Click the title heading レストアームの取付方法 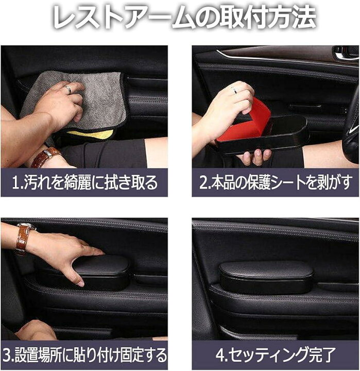[x=180, y=19]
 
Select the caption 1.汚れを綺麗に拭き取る [x=84, y=182]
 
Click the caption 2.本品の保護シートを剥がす [x=275, y=182]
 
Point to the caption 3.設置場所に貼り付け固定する [x=84, y=355]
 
